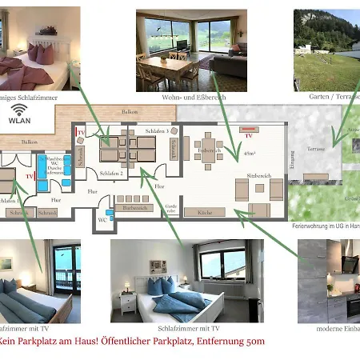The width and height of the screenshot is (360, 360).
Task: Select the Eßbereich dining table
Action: click(x=209, y=156)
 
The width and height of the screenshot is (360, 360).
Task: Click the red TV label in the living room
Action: click(x=248, y=136)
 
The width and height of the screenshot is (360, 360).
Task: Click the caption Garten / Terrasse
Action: click(x=332, y=96)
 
